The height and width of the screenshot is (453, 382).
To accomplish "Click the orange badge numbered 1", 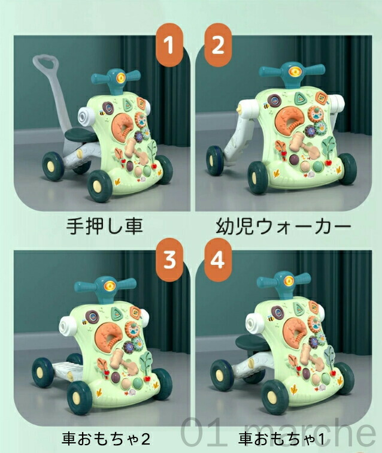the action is (x=169, y=45).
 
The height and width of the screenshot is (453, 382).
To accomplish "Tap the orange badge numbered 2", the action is (x=218, y=45).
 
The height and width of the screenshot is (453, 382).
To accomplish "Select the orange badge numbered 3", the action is (x=169, y=259).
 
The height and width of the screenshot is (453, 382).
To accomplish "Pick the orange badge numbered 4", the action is (x=218, y=259).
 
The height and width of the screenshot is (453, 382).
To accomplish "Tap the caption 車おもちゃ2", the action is (x=105, y=439).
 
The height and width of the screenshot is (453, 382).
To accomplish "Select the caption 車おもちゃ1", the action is (x=282, y=439).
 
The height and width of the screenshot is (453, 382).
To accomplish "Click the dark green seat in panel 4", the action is (x=251, y=342).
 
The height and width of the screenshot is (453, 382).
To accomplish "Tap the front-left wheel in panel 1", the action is (x=100, y=186).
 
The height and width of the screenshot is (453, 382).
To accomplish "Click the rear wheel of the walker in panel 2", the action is (x=214, y=161).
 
